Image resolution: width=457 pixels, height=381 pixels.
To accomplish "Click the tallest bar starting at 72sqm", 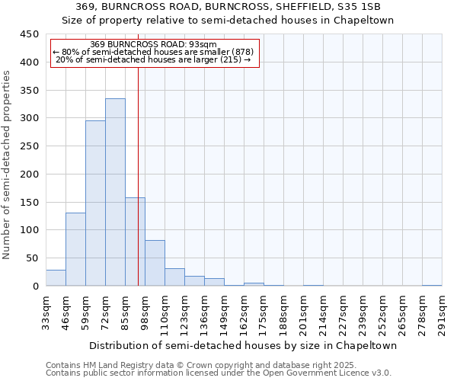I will pos(115,192).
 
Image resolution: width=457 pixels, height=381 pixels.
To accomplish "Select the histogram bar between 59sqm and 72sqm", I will pos(95,203).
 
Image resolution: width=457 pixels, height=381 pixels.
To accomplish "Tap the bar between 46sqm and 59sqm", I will pos(75,249).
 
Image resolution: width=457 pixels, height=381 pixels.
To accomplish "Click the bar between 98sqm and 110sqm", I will pos(155,263).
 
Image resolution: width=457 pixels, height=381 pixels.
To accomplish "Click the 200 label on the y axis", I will pos(30,174).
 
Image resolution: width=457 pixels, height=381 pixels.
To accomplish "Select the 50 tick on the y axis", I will pos(33,258).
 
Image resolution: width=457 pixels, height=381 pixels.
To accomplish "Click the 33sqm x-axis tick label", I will pos(46,313).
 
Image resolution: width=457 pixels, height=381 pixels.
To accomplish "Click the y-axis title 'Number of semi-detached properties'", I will pos(8,164).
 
